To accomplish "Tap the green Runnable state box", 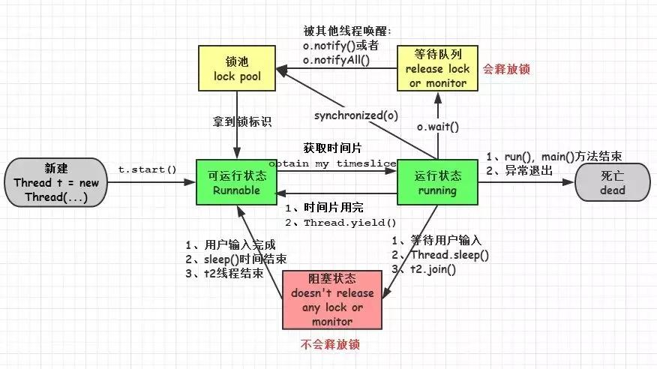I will click(x=236, y=182).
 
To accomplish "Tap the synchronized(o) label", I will click(x=355, y=115).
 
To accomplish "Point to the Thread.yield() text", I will click(x=350, y=223).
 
